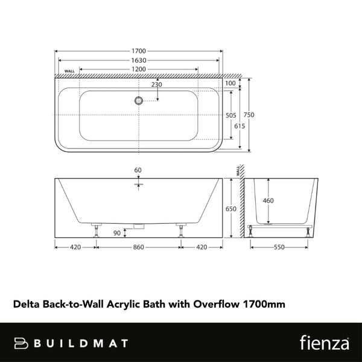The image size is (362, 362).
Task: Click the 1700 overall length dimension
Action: coord(138,51)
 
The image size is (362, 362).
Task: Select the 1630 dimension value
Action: coord(138,60)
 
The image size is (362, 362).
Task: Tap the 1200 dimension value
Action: coord(138,70)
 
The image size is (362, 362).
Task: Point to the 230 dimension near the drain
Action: coord(156,85)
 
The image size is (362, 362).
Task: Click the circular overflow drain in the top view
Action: coord(139,101)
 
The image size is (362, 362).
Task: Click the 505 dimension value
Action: coord(230,115)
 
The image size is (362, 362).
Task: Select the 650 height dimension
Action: coord(230,208)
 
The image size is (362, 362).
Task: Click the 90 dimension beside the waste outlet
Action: coord(116,232)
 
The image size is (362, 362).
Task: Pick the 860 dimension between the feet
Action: coord(139,247)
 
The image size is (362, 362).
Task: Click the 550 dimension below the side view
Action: coord(279,247)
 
